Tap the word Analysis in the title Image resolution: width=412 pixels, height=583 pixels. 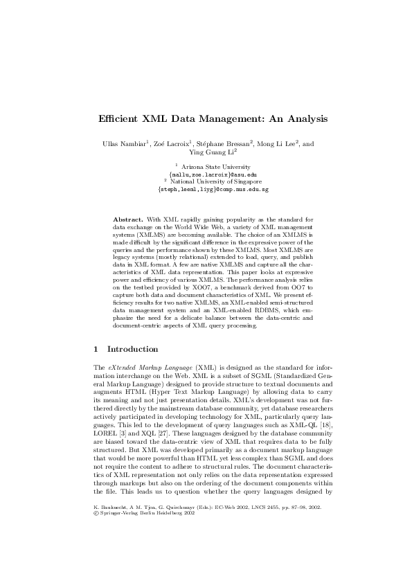click(302, 118)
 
